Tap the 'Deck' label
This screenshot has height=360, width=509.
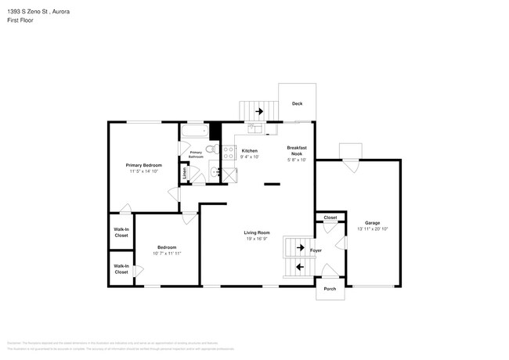tap(297, 104)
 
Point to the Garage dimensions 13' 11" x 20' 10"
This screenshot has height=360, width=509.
tap(372, 229)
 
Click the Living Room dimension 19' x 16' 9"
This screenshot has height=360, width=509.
tap(256, 239)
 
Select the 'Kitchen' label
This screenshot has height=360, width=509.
tap(249, 150)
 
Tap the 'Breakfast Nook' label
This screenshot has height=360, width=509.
tap(297, 151)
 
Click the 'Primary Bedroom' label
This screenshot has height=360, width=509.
tap(144, 165)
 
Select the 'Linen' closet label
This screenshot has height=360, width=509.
tap(185, 173)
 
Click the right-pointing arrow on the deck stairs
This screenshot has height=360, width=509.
tap(258, 112)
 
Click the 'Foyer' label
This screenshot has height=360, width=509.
tap(316, 250)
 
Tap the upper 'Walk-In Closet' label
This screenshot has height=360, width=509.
tap(121, 232)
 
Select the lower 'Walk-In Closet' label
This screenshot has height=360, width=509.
tap(121, 268)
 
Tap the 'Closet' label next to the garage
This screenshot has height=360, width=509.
tap(330, 217)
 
